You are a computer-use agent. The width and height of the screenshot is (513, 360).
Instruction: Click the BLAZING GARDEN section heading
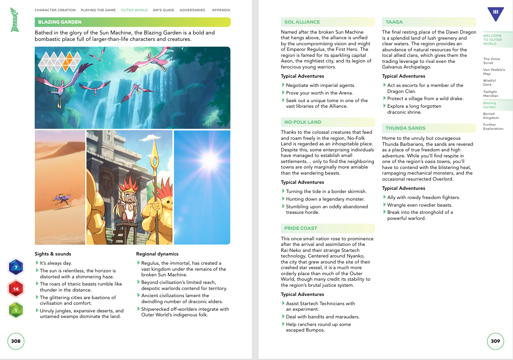pos(60,22)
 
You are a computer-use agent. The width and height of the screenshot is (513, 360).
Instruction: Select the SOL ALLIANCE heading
pos(302,22)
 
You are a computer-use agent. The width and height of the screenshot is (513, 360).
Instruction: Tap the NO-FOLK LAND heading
pos(303,122)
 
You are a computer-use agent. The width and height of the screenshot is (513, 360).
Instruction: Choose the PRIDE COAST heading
pos(301,228)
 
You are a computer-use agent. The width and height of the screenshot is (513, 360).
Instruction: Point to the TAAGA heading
pos(394,22)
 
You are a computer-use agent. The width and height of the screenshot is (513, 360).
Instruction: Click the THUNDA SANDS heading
pos(405,128)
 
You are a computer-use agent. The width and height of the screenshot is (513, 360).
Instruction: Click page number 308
pos(16,341)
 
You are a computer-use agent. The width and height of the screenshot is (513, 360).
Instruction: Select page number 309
pos(495,341)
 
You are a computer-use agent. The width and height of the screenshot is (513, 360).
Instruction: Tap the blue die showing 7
pos(16,267)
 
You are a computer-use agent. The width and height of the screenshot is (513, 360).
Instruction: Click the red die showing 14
pos(16,289)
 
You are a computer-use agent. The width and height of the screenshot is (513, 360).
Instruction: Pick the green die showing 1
pos(16,310)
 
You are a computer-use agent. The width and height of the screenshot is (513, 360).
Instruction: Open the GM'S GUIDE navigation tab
pos(163,10)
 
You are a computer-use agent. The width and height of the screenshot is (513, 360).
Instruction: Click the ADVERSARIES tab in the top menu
pos(192,10)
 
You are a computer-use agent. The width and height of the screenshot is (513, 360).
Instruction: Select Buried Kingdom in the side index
pos(491,116)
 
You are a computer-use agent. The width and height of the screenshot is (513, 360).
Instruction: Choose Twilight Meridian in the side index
pos(491,94)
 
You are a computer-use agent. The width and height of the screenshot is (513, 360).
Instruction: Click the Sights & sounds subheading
pos(53,254)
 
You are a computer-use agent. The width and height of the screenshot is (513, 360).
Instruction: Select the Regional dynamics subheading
pos(157,254)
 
